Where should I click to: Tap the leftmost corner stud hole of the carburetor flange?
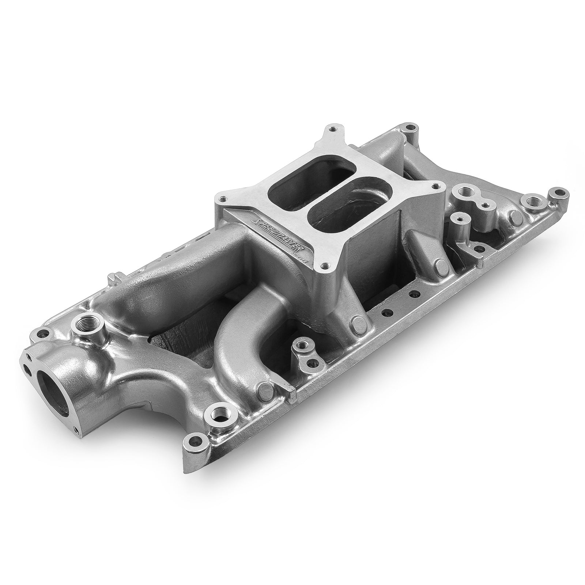[x=223, y=199]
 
